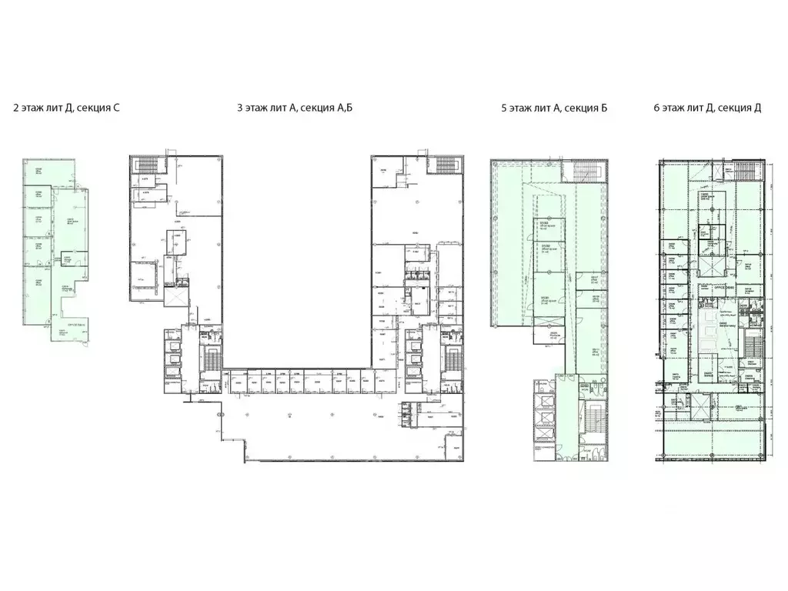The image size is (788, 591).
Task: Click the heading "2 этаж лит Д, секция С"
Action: pyautogui.click(x=66, y=109)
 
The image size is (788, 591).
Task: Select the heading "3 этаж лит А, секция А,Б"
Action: pyautogui.click(x=295, y=109)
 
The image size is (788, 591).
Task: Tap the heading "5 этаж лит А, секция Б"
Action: pyautogui.click(x=554, y=109)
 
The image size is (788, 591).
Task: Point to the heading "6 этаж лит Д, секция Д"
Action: pyautogui.click(x=707, y=109)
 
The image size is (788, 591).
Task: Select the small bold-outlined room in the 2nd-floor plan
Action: pyautogui.click(x=68, y=260)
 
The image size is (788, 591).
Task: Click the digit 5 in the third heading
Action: pyautogui.click(x=504, y=109)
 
